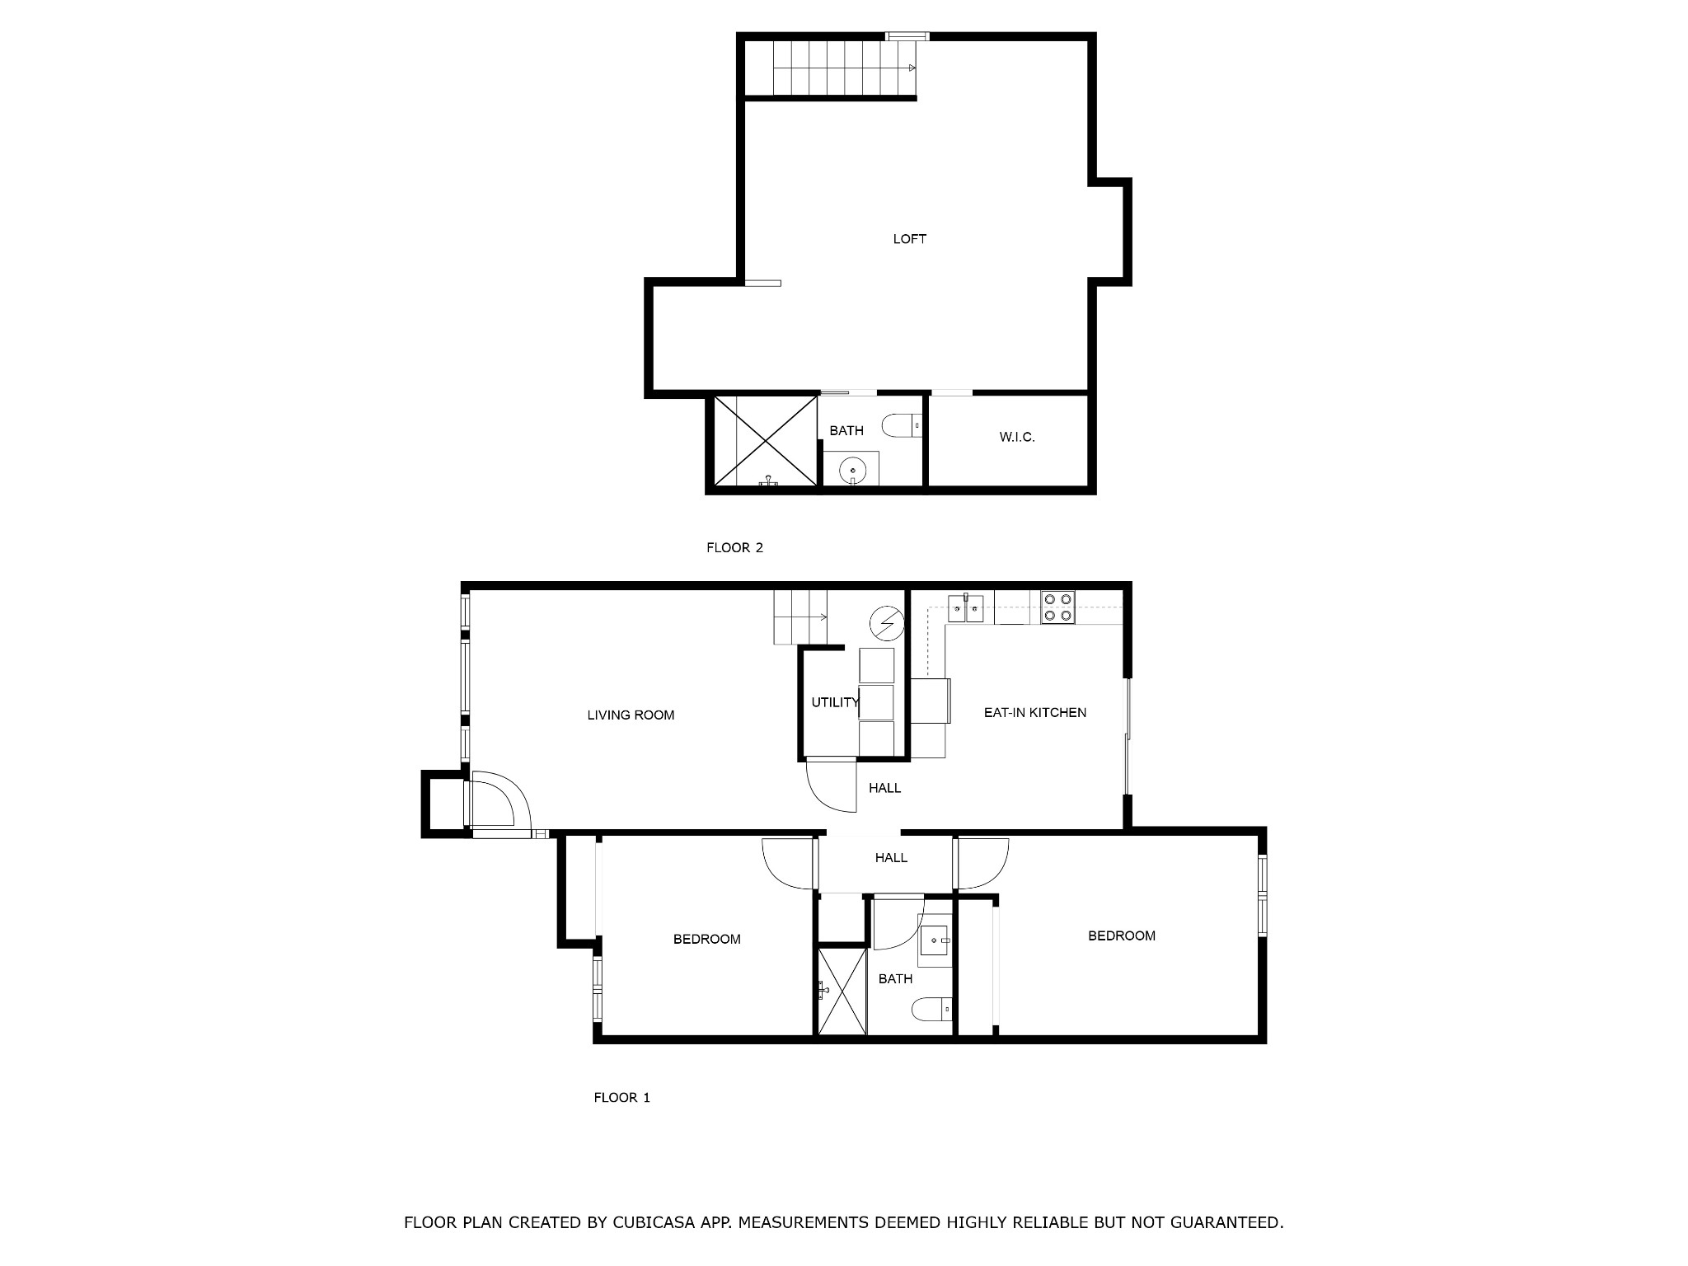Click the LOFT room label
(x=909, y=239)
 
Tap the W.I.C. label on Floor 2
(x=1017, y=437)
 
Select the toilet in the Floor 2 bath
(x=902, y=425)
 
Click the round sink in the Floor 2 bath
(x=851, y=471)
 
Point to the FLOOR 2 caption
(x=734, y=547)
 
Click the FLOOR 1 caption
(x=622, y=1097)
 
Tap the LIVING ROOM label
(x=631, y=715)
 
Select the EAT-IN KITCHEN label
(x=1035, y=712)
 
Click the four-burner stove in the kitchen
(x=1057, y=607)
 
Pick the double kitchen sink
(x=965, y=608)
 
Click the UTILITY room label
(x=835, y=702)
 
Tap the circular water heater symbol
(x=887, y=623)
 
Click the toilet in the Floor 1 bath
(x=932, y=1009)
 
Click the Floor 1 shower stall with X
(x=842, y=991)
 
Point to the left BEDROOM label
(x=706, y=939)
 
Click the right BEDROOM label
(x=1121, y=935)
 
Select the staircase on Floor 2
(x=831, y=68)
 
